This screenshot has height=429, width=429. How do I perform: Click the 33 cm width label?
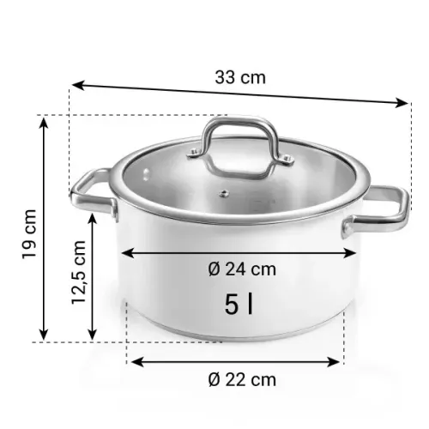pos(239,77)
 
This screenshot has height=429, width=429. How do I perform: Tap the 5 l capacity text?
pos(239,303)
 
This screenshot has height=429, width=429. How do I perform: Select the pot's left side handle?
pos(92,194)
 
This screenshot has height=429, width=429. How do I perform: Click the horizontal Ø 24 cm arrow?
pos(239,253)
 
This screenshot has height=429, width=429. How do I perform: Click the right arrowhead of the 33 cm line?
pos(404,105)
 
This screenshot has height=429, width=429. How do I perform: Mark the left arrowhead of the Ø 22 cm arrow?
pos(136,361)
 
